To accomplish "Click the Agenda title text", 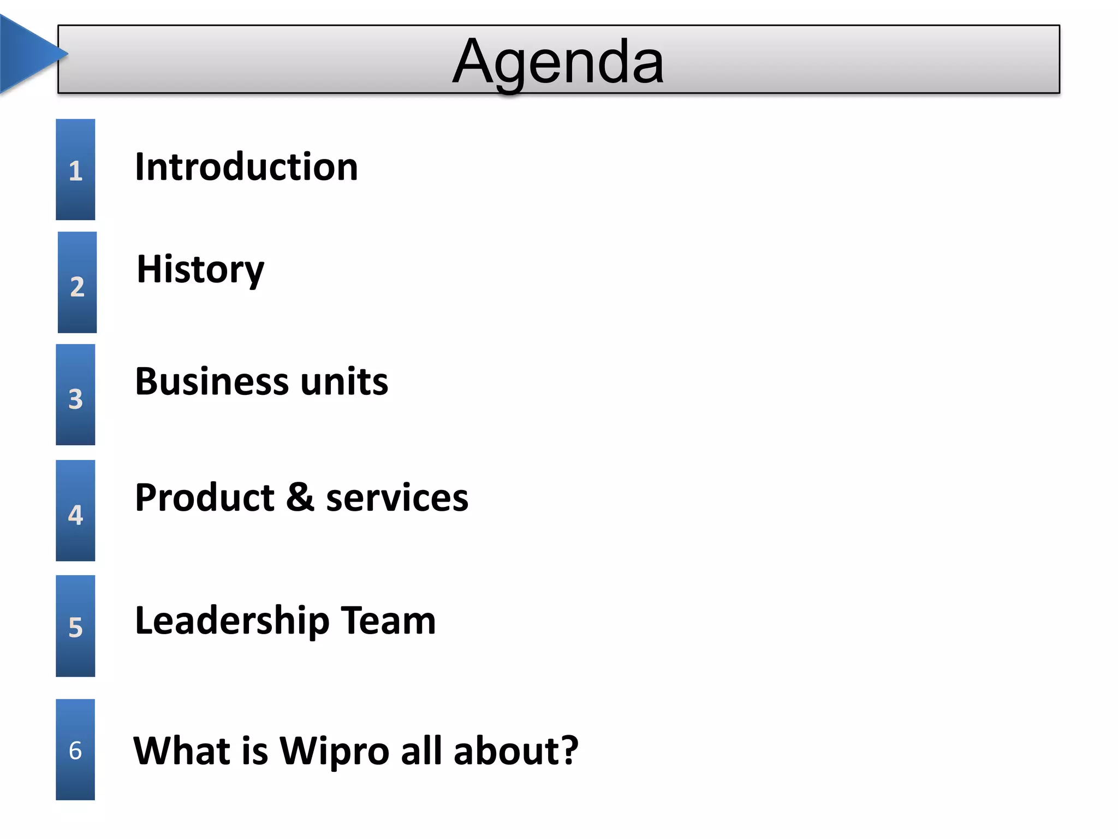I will [558, 61].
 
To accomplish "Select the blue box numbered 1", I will [75, 170].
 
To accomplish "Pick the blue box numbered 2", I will [77, 282].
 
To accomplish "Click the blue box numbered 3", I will [75, 395].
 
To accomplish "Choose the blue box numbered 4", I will [75, 511].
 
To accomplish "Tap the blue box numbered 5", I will [75, 626].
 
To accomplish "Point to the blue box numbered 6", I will [75, 750].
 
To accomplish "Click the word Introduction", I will [246, 167].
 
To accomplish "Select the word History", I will [200, 269].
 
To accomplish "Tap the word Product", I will [205, 498].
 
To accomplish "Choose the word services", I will [397, 498].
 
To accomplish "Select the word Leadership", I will [232, 621].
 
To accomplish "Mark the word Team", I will [388, 621].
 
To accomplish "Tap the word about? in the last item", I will [516, 751].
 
